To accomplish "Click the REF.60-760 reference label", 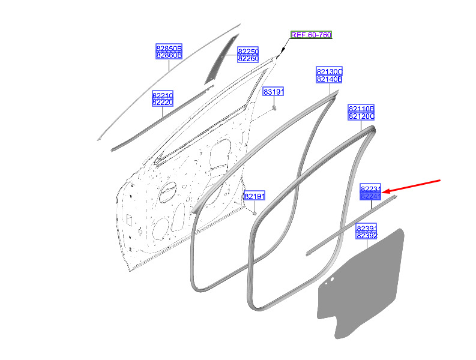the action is tap(311, 35).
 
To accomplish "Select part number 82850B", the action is tap(169, 48).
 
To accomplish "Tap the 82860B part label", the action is tap(169, 55).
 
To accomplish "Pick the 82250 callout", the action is tap(248, 51).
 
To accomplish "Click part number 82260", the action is tap(248, 59).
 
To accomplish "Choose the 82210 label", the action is tap(163, 95).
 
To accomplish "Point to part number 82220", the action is tap(163, 102).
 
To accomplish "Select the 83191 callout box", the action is tap(273, 91).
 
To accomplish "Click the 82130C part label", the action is tap(330, 71).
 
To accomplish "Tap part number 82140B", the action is tap(330, 79).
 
